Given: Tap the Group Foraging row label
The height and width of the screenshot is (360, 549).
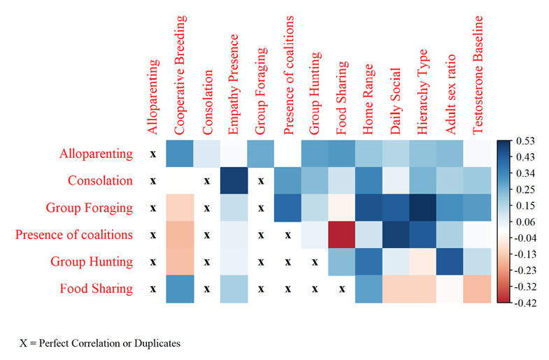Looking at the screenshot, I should (x=90, y=208).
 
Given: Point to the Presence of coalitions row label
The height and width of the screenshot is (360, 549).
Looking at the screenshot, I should (x=74, y=235).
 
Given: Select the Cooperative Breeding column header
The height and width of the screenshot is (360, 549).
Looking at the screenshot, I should (x=180, y=73).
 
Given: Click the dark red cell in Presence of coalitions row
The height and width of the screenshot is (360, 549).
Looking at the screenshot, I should (x=342, y=236).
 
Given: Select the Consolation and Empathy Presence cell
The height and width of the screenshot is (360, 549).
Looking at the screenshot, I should (x=234, y=181).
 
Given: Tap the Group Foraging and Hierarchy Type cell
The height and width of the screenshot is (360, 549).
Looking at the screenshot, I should (x=424, y=208).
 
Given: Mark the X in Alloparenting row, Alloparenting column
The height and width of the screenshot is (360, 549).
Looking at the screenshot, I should (x=152, y=154).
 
